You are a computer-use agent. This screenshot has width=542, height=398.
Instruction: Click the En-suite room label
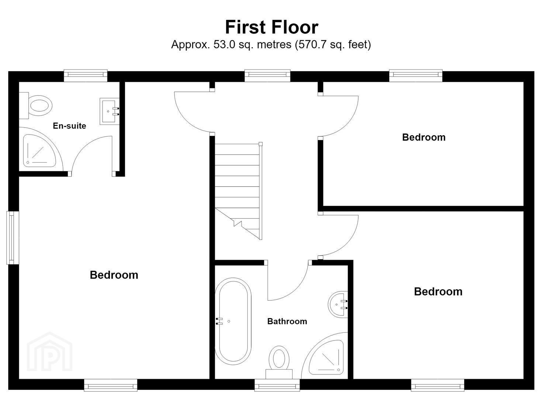pyautogui.click(x=69, y=126)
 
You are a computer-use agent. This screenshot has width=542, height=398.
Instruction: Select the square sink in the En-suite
pyautogui.click(x=109, y=111)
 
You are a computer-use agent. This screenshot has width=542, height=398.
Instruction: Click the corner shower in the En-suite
pyautogui.click(x=40, y=150)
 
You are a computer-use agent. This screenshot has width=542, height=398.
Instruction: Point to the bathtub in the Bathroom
pyautogui.click(x=233, y=321)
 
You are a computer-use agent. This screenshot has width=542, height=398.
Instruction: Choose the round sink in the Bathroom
pyautogui.click(x=338, y=304)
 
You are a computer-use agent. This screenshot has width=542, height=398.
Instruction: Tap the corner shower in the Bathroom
pyautogui.click(x=325, y=356)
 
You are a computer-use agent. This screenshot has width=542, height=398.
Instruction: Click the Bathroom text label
pyautogui.click(x=287, y=321)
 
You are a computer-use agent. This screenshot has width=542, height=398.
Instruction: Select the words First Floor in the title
pyautogui.click(x=272, y=27)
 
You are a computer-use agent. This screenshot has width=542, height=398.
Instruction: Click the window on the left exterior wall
pyautogui.click(x=13, y=238)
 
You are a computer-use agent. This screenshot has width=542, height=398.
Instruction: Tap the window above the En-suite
pyautogui.click(x=86, y=76)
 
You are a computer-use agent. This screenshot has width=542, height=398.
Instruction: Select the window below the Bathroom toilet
pyautogui.click(x=277, y=385)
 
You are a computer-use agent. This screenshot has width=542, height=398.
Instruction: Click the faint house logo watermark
pyautogui.click(x=49, y=352)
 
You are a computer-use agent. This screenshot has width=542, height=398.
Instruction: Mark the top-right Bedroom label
pyautogui.click(x=424, y=137)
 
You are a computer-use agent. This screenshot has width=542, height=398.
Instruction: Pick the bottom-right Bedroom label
pyautogui.click(x=438, y=291)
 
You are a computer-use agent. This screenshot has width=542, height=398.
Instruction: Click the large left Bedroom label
pyautogui.click(x=114, y=275)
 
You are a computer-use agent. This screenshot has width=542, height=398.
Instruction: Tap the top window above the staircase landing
pyautogui.click(x=267, y=76)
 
